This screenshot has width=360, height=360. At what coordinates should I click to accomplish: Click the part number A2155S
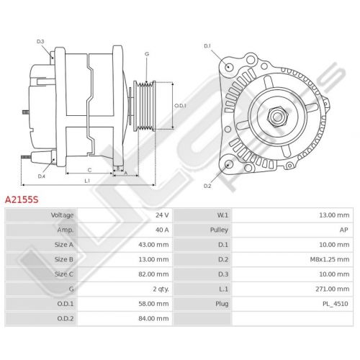point(22,199)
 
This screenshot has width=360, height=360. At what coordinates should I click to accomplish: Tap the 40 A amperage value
point(162,230)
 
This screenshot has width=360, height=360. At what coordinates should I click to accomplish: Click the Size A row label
point(64,245)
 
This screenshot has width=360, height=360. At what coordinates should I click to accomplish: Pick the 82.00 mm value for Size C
point(153,274)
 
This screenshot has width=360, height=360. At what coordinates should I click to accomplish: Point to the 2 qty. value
point(161,289)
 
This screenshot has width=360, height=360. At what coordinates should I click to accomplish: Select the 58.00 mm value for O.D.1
point(153,304)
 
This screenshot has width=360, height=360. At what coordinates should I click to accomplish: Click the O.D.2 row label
point(66,318)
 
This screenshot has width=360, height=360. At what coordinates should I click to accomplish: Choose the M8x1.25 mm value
point(330,259)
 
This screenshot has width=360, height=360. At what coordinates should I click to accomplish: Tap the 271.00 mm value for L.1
point(333,289)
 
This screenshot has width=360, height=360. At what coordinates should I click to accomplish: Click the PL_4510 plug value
point(336,304)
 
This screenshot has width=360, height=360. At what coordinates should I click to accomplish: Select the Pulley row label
point(219,230)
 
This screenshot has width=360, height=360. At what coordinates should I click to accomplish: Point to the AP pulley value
point(343,230)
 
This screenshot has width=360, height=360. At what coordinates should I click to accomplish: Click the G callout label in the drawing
point(147,54)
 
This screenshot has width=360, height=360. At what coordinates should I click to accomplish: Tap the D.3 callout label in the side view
point(40,42)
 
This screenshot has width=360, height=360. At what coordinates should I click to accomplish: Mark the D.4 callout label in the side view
point(42,176)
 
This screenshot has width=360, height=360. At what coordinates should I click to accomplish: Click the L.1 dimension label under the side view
point(87,181)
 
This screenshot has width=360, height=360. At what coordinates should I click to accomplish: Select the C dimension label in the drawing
point(89,170)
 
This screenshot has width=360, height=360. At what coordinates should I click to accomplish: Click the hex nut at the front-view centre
point(277,117)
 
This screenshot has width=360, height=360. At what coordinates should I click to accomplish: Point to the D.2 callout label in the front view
point(207,186)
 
